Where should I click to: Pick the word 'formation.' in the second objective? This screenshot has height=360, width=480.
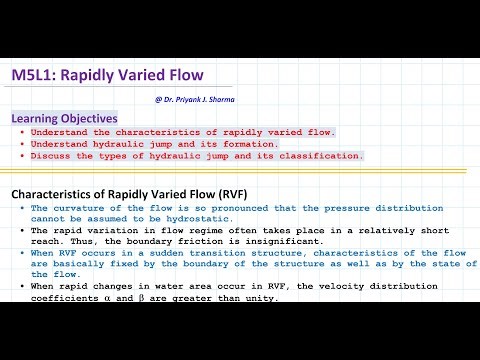(256, 144)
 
